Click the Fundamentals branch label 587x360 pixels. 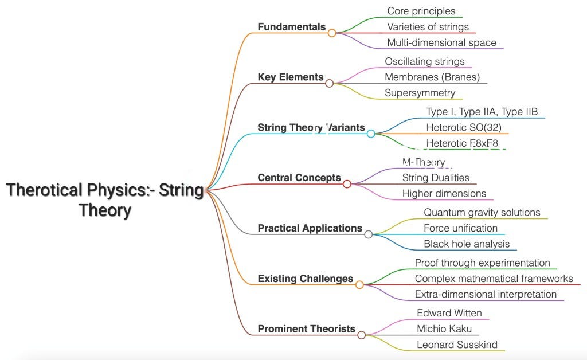coord(291,27)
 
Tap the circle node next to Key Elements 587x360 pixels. coord(329,83)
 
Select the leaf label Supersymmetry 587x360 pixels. coord(420,93)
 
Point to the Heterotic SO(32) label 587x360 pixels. coord(464,127)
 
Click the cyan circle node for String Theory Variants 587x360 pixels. coord(371,134)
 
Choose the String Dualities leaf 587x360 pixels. coord(436,178)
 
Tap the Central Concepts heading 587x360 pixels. coord(299,178)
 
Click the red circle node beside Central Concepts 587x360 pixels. coord(347,184)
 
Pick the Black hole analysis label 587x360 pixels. coord(467,244)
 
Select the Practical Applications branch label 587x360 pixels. coord(310,228)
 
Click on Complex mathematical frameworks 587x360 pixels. coord(494,279)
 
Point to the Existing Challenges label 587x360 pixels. coord(305,279)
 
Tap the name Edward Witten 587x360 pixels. coord(449,313)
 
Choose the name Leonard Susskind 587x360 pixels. coord(457,345)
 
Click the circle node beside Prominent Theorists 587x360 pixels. coord(361,335)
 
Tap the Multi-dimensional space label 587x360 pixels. coord(441,43)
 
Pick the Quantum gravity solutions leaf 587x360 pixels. coord(482,213)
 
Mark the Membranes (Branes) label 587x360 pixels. coord(432,77)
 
